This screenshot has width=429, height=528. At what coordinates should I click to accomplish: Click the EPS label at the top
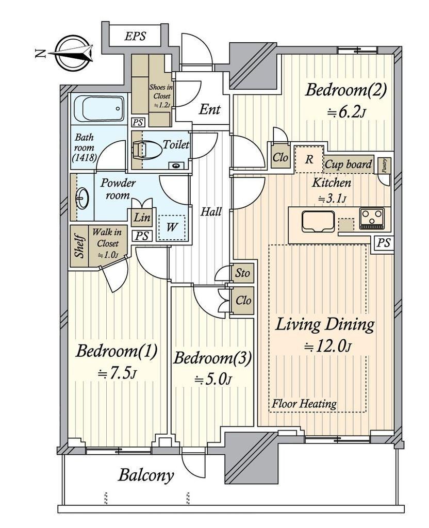tap(135, 36)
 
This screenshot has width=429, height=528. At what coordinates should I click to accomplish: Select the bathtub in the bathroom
tap(100, 108)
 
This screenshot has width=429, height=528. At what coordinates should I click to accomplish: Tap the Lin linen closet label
tap(141, 218)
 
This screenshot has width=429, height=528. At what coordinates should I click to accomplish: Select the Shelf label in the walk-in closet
tap(79, 246)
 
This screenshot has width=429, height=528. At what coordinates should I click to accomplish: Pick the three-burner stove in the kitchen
tap(372, 219)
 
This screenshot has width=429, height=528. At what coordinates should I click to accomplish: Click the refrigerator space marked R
tap(309, 159)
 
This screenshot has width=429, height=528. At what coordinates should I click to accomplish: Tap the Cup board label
tap(349, 164)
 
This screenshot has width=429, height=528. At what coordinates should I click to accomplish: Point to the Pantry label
tap(385, 166)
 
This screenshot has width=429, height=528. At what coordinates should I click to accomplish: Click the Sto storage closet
tap(242, 273)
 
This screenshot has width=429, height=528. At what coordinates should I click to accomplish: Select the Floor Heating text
tap(304, 403)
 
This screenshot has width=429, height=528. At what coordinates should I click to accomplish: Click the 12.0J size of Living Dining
tap(328, 346)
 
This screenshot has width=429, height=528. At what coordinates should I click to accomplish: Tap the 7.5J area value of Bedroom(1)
tap(117, 373)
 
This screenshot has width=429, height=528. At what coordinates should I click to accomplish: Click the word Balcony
tap(146, 475)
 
